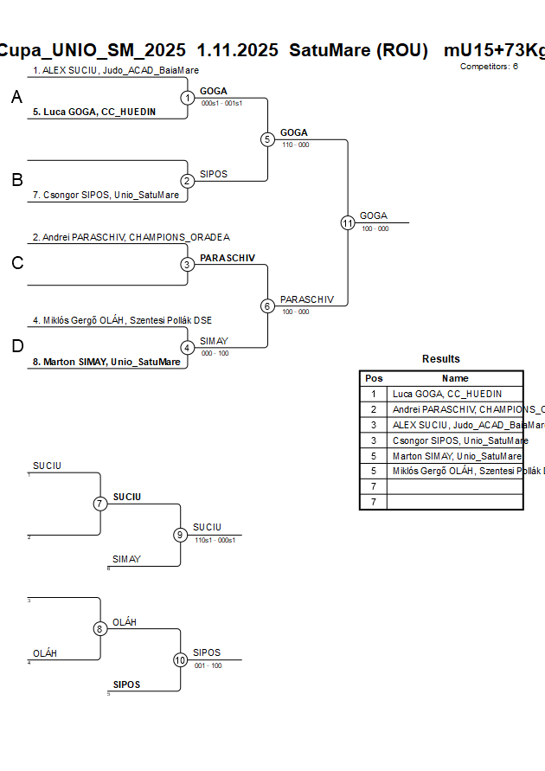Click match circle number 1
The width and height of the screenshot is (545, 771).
tap(188, 98)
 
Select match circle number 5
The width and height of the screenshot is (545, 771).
tap(267, 139)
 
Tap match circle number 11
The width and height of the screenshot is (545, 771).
tap(348, 222)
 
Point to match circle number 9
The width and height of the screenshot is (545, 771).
tap(181, 535)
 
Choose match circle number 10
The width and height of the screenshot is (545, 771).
tap(181, 659)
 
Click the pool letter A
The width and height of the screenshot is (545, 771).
tap(16, 99)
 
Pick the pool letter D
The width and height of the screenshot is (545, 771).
tap(17, 347)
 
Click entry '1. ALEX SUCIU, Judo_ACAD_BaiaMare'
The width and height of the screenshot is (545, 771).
tap(116, 70)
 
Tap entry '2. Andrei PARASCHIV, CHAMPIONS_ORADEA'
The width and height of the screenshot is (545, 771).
tap(131, 237)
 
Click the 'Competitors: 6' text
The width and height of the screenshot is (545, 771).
tap(489, 66)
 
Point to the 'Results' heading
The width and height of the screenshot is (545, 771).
tap(441, 359)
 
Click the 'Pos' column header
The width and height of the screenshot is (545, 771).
tap(374, 378)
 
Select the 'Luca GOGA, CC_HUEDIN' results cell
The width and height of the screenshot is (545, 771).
tap(446, 394)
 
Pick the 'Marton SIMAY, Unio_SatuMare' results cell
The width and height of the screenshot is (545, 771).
tap(457, 456)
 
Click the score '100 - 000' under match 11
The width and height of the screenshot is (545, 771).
tap(375, 229)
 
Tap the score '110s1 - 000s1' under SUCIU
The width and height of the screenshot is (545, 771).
tap(215, 539)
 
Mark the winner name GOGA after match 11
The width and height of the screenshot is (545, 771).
tap(374, 215)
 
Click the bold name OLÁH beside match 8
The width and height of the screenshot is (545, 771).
tap(125, 622)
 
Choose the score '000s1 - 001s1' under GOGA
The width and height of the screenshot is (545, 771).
tap(221, 103)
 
